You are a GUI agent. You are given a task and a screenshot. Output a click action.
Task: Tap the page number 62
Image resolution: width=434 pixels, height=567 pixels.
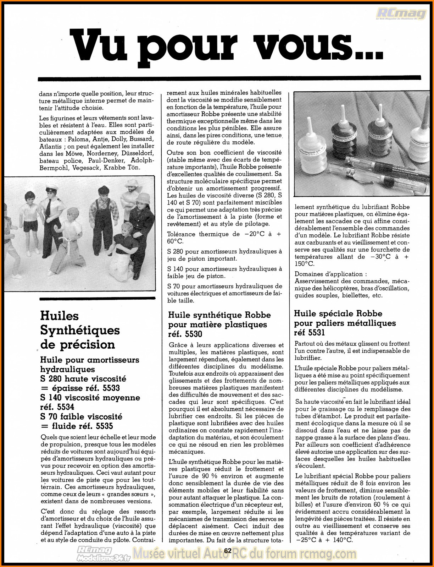[x=228, y=551]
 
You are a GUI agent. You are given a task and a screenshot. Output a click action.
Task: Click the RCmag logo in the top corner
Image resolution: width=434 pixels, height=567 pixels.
[x=401, y=14]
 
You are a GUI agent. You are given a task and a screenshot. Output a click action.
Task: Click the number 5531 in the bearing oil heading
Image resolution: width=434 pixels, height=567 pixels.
[x=317, y=333]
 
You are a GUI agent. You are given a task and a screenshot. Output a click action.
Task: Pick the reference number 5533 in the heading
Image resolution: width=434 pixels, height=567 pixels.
[x=108, y=388]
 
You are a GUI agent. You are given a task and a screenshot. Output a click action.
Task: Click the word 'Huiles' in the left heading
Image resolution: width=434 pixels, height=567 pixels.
[x=59, y=316]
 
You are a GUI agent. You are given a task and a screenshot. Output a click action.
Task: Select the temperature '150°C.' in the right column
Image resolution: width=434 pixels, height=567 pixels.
[x=305, y=264]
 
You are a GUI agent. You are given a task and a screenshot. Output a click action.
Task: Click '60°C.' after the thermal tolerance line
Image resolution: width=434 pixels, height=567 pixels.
[x=175, y=241]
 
